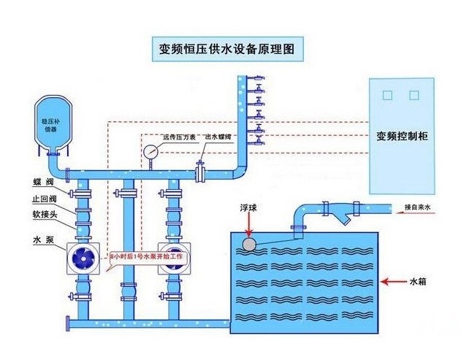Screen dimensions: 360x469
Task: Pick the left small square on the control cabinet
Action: [387, 95]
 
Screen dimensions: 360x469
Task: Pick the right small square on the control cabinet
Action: [413, 95]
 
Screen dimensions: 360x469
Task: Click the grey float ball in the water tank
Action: [249, 243]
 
